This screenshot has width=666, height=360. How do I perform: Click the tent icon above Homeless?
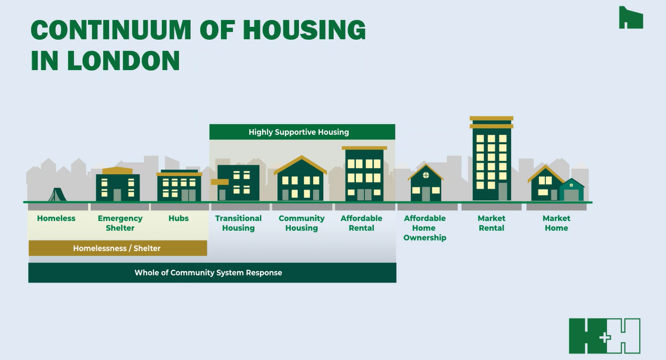tap(57, 195)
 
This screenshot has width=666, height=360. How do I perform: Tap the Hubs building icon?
tap(179, 186)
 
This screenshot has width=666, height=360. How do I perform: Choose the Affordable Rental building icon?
tap(364, 174)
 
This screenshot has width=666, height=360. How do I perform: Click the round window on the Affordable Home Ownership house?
tap(425, 175)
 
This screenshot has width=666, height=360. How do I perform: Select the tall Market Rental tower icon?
tap(492, 160)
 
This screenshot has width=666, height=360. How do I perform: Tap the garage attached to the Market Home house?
tap(571, 192)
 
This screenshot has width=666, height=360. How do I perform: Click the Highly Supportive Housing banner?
tap(302, 132)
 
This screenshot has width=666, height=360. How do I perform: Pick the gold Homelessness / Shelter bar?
tap(117, 248)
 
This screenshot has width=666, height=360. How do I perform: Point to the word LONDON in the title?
tap(123, 61)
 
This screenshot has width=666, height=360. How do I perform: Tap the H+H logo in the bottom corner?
tap(605, 336)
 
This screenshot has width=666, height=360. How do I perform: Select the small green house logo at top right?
tap(630, 18)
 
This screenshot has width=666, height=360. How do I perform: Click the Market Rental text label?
tap(492, 223)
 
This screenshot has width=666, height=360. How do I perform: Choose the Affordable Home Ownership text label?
tap(424, 228)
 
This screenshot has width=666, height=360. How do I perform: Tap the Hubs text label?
tap(179, 219)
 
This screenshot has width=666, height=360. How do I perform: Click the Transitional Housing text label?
tap(238, 223)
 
